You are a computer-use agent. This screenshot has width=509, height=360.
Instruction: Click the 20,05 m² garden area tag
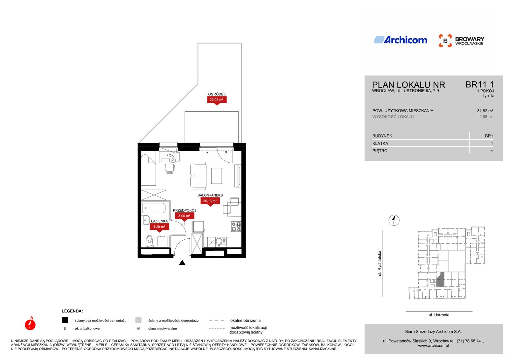pyautogui.click(x=217, y=100)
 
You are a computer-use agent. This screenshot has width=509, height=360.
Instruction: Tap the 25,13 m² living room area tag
pyautogui.click(x=210, y=201)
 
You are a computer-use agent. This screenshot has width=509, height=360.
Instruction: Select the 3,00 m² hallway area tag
pyautogui.click(x=184, y=216)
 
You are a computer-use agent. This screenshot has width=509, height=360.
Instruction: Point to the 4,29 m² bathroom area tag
pyautogui.click(x=159, y=227)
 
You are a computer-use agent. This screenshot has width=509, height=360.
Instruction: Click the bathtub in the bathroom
pyautogui.click(x=154, y=208)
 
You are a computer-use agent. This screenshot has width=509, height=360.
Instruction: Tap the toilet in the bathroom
pyautogui.click(x=149, y=240)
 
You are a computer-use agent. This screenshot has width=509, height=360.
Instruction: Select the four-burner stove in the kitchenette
pyautogui.click(x=236, y=227)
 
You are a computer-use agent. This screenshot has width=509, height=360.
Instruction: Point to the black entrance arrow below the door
pyautogui.click(x=182, y=263)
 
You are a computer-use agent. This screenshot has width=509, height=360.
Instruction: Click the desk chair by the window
pyautogui.click(x=170, y=168)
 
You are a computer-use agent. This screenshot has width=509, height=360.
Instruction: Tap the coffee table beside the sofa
pyautogui.click(x=217, y=176)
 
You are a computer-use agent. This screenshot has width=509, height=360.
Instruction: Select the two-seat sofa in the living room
pyautogui.click(x=199, y=176)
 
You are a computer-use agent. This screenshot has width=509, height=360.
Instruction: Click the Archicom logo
pyautogui.click(x=401, y=40)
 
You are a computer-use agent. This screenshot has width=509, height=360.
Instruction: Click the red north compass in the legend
pyautogui.click(x=30, y=324)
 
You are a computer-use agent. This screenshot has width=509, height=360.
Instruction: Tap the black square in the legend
pyautogui.click(x=65, y=320)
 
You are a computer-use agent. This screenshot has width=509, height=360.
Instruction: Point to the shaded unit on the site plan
pyautogui.click(x=440, y=280)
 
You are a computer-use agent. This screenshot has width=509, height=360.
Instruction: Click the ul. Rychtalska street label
pyautogui.click(x=380, y=263)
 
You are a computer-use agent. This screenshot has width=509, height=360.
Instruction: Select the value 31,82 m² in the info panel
pyautogui.click(x=485, y=111)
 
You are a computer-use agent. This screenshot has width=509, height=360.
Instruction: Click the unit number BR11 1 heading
pyautogui.click(x=480, y=85)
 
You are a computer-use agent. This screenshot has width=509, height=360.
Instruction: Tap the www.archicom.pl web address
pyautogui.click(x=433, y=346)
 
